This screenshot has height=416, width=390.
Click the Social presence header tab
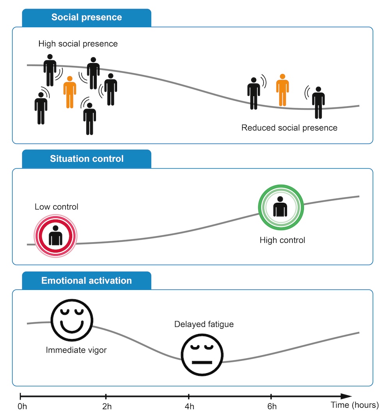[x=87, y=18]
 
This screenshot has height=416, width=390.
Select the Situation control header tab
[x=87, y=159]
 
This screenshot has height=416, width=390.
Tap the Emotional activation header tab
[x=87, y=281]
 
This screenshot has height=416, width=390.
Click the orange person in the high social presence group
[x=70, y=92]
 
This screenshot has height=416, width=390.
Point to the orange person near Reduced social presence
[x=282, y=90]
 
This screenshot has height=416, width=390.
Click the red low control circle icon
[x=55, y=236]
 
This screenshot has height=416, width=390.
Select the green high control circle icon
[x=281, y=207]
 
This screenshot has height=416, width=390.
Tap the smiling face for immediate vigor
[x=72, y=320]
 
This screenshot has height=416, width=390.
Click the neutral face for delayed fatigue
[x=202, y=355]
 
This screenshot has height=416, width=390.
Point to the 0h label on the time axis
[x=22, y=406]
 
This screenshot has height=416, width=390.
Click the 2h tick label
[x=107, y=406]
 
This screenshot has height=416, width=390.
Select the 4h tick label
[x=190, y=406]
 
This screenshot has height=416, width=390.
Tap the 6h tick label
[x=272, y=406]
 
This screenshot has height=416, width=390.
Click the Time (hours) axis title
[x=355, y=405]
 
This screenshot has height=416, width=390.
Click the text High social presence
[x=78, y=44]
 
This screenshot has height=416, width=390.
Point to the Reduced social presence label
[x=289, y=128]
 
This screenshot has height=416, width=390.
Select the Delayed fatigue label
[x=204, y=324]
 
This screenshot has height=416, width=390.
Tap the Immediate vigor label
[x=76, y=350]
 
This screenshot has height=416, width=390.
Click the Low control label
[x=57, y=207]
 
